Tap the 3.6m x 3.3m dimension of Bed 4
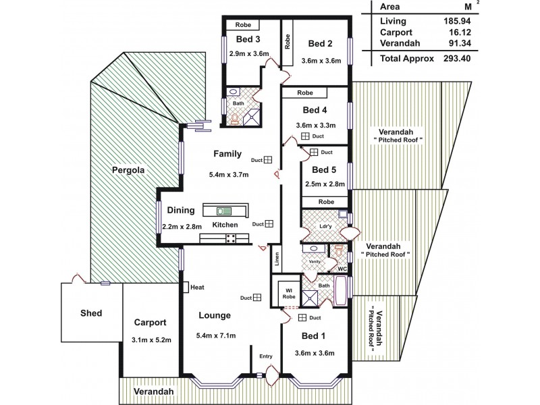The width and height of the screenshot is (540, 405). click(315, 125)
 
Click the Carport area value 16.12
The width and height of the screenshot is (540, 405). click(456, 32)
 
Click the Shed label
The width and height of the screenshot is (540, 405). click(90, 313)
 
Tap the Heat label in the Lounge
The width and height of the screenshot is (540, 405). click(198, 287)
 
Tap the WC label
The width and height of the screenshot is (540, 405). click(342, 267)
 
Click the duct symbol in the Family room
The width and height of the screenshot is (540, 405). click(267, 160)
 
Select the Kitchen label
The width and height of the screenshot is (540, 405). click(225, 223)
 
